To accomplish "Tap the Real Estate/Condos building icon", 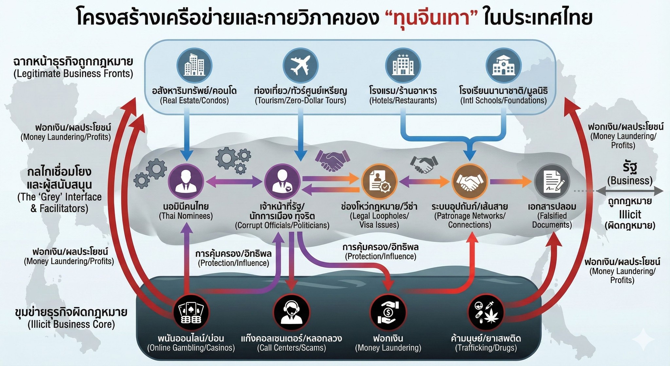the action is (x=194, y=65).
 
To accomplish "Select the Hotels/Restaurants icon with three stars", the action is (x=403, y=65).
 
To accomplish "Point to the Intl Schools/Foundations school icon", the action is (x=504, y=65).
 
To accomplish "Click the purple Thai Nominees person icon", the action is (x=186, y=182).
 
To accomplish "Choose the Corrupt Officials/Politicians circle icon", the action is (x=282, y=182).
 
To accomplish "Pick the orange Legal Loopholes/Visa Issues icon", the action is (x=379, y=182).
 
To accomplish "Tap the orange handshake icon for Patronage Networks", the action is (x=470, y=182).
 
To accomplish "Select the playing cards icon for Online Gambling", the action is (x=191, y=312).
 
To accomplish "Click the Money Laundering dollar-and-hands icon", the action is (x=388, y=312).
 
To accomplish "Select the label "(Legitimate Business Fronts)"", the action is (x=73, y=74).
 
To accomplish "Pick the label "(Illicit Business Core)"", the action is (x=71, y=324).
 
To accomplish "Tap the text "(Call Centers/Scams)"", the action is (x=291, y=348).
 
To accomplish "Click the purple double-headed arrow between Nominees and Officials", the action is (x=234, y=182).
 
